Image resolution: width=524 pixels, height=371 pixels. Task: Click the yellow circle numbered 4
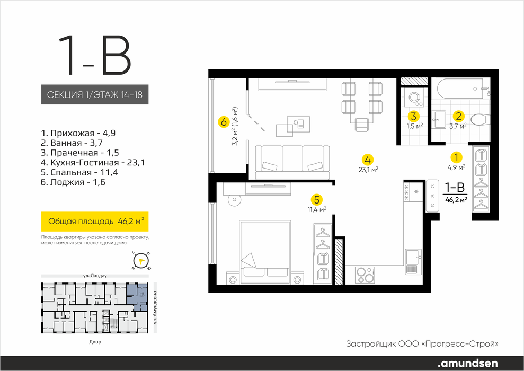[368, 160]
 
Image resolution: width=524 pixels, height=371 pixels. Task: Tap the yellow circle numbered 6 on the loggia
[224, 122]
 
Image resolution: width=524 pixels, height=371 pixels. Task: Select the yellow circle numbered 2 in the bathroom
[458, 116]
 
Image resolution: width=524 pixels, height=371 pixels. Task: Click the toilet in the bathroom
[480, 119]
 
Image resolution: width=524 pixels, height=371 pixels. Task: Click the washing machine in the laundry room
[414, 98]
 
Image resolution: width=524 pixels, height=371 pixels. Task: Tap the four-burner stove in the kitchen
[365, 275]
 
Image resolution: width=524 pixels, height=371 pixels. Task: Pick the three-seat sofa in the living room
[292, 162]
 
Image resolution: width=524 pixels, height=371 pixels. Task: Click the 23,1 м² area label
[368, 170]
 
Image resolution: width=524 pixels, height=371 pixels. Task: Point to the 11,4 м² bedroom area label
[317, 209]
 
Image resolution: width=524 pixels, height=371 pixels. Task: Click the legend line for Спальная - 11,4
[79, 172]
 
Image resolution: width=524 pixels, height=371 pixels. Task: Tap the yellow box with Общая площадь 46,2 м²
[95, 222]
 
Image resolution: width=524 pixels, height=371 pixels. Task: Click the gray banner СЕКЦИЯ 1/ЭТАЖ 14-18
[95, 94]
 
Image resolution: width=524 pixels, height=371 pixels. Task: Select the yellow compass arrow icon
[143, 261]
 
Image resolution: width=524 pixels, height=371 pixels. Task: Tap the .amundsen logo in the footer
[468, 363]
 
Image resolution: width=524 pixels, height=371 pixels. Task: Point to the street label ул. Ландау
[95, 276]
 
